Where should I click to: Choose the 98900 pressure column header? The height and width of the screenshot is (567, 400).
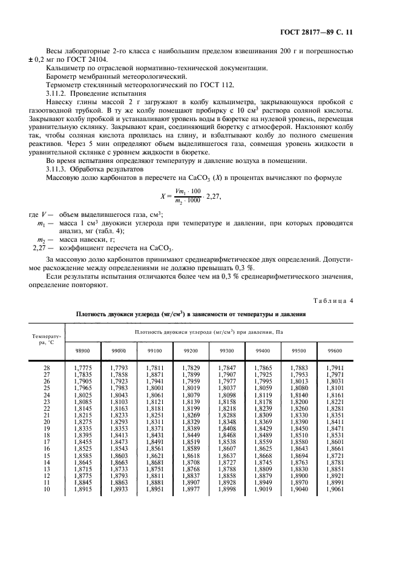82,351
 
